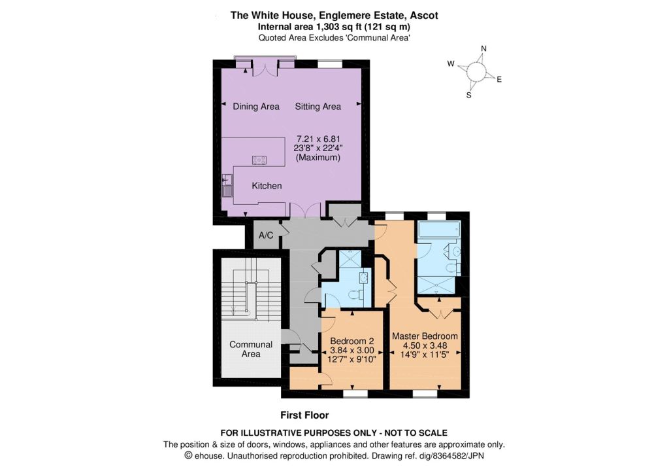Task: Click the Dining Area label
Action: coord(256,107)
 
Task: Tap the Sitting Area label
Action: coord(318,107)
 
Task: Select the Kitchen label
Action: coord(267,186)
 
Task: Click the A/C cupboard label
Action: coord(266,236)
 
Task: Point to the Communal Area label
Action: coord(251,349)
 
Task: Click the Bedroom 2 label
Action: coord(352,341)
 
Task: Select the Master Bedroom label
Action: coord(425,336)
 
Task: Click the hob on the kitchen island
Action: coord(259,161)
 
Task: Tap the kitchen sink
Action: coord(227,186)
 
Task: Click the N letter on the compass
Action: coord(483,48)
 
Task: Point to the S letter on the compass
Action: coord(469,96)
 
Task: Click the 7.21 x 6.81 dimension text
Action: coord(318,139)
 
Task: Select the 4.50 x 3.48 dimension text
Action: coord(425,345)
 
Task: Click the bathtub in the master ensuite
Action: coord(438,230)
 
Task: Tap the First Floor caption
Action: coord(304,415)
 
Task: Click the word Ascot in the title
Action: coord(423,16)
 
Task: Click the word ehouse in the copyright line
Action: coord(208,455)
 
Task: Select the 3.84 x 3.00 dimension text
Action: coord(352,351)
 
